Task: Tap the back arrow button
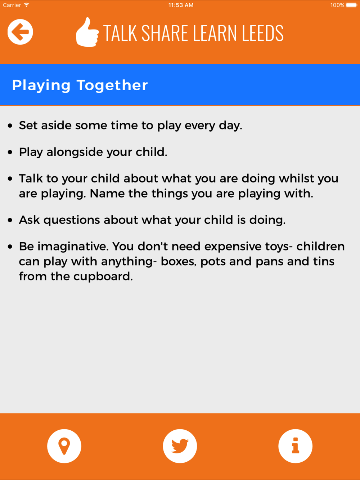[20, 32]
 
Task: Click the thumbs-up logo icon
[87, 32]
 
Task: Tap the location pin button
[64, 446]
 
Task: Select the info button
[295, 446]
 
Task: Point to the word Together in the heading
[112, 85]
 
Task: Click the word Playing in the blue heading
[41, 85]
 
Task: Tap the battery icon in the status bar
[352, 5]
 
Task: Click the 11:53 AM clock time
[181, 5]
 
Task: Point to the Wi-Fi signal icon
[27, 5]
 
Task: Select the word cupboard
[103, 277]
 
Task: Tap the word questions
[72, 220]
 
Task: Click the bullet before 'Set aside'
[10, 126]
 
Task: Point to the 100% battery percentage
[337, 5]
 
